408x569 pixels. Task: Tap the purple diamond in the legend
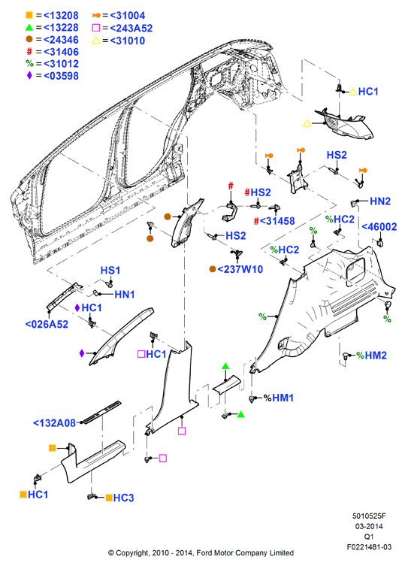click(29, 75)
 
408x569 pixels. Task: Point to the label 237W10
click(240, 269)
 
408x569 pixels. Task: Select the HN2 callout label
click(380, 201)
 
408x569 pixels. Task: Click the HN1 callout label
click(125, 294)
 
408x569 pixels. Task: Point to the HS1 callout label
click(110, 271)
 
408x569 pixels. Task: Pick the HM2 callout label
click(376, 356)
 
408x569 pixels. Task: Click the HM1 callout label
click(283, 398)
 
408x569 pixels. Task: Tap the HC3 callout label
click(123, 498)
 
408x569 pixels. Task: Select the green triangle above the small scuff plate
click(225, 366)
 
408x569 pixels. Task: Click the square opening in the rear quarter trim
click(355, 271)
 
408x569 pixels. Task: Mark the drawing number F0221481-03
click(369, 547)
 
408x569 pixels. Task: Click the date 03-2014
click(369, 526)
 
